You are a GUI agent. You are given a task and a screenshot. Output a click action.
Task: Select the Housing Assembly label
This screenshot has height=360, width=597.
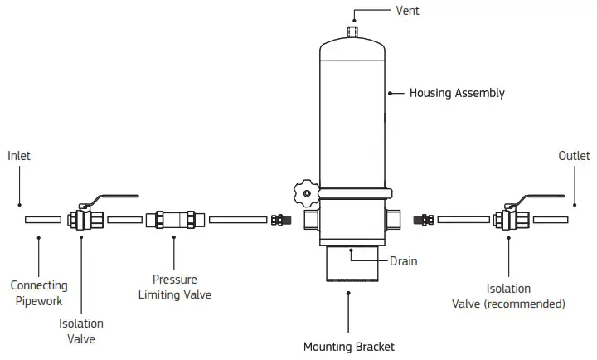[457, 93]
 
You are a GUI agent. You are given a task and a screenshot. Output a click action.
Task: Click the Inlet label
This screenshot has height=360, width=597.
[19, 155]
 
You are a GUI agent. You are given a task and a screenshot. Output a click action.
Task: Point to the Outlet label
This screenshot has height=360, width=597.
[574, 155]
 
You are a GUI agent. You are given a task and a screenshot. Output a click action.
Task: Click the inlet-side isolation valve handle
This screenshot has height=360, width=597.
[111, 198]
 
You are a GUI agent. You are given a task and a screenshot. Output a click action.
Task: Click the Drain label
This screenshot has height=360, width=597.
[404, 261]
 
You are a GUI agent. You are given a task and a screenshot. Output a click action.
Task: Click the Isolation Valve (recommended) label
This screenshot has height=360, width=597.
[508, 296]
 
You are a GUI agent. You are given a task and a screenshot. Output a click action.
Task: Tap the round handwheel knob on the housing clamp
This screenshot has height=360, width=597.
[304, 193]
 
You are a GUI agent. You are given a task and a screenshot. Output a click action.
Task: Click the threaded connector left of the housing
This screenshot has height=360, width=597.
[281, 220]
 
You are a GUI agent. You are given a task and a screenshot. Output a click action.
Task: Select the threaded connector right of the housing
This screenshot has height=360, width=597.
[427, 220]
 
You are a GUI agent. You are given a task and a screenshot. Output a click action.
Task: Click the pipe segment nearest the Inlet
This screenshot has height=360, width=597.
[43, 220]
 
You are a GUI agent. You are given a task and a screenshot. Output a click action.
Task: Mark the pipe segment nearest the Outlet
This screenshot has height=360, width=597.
[551, 220]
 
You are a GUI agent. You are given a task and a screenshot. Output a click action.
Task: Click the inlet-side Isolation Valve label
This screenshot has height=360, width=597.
[81, 331]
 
